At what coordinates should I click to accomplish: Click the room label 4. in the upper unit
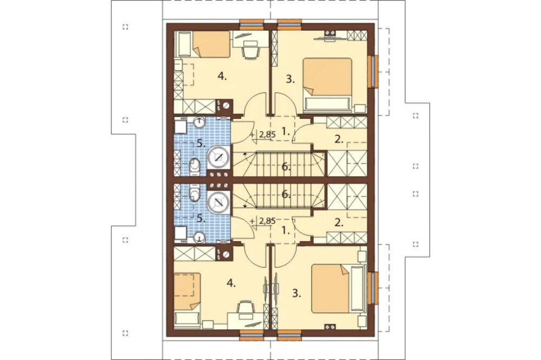coord(222,77)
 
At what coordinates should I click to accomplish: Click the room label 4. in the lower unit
coord(231,283)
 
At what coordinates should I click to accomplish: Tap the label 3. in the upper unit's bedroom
coord(291,79)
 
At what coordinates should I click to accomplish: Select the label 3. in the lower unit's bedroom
coord(296,294)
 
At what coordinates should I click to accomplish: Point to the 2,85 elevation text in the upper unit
coord(267,135)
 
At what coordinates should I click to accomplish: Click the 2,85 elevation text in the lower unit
coord(267,222)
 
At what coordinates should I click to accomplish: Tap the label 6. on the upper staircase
coord(286,167)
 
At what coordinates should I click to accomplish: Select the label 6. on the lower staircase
coord(286,195)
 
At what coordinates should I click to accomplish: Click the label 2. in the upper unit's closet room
coord(339,139)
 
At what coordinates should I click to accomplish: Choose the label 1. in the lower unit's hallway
coord(286,231)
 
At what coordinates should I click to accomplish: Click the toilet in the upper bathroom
coord(195,165)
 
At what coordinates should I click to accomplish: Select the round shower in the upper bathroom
coord(219,158)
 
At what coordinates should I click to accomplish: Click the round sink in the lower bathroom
coord(200,237)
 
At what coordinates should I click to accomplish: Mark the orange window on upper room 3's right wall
coord(373,71)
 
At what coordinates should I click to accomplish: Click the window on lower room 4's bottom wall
coord(252,334)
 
